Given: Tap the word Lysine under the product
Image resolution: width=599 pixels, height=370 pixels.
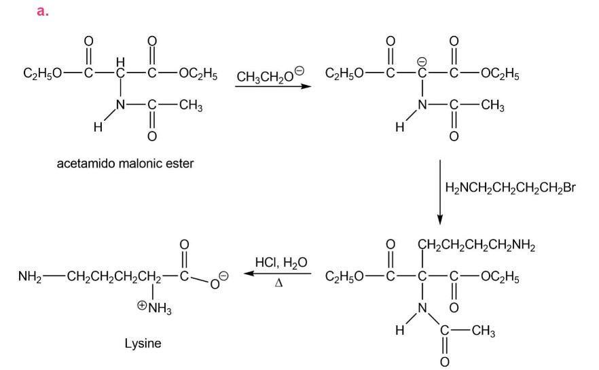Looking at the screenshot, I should click(x=143, y=344).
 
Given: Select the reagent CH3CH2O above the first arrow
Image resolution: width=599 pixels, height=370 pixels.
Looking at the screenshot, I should click(x=270, y=77).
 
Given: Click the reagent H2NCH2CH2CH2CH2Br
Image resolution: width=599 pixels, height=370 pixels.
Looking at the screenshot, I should click(x=510, y=187).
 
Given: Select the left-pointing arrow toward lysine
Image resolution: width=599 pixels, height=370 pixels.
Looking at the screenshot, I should click(x=278, y=274).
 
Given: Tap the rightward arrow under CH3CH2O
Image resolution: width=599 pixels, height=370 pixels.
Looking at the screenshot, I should click(x=270, y=86).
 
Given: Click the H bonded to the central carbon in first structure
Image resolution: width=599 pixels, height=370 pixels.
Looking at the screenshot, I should click(x=120, y=62).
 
